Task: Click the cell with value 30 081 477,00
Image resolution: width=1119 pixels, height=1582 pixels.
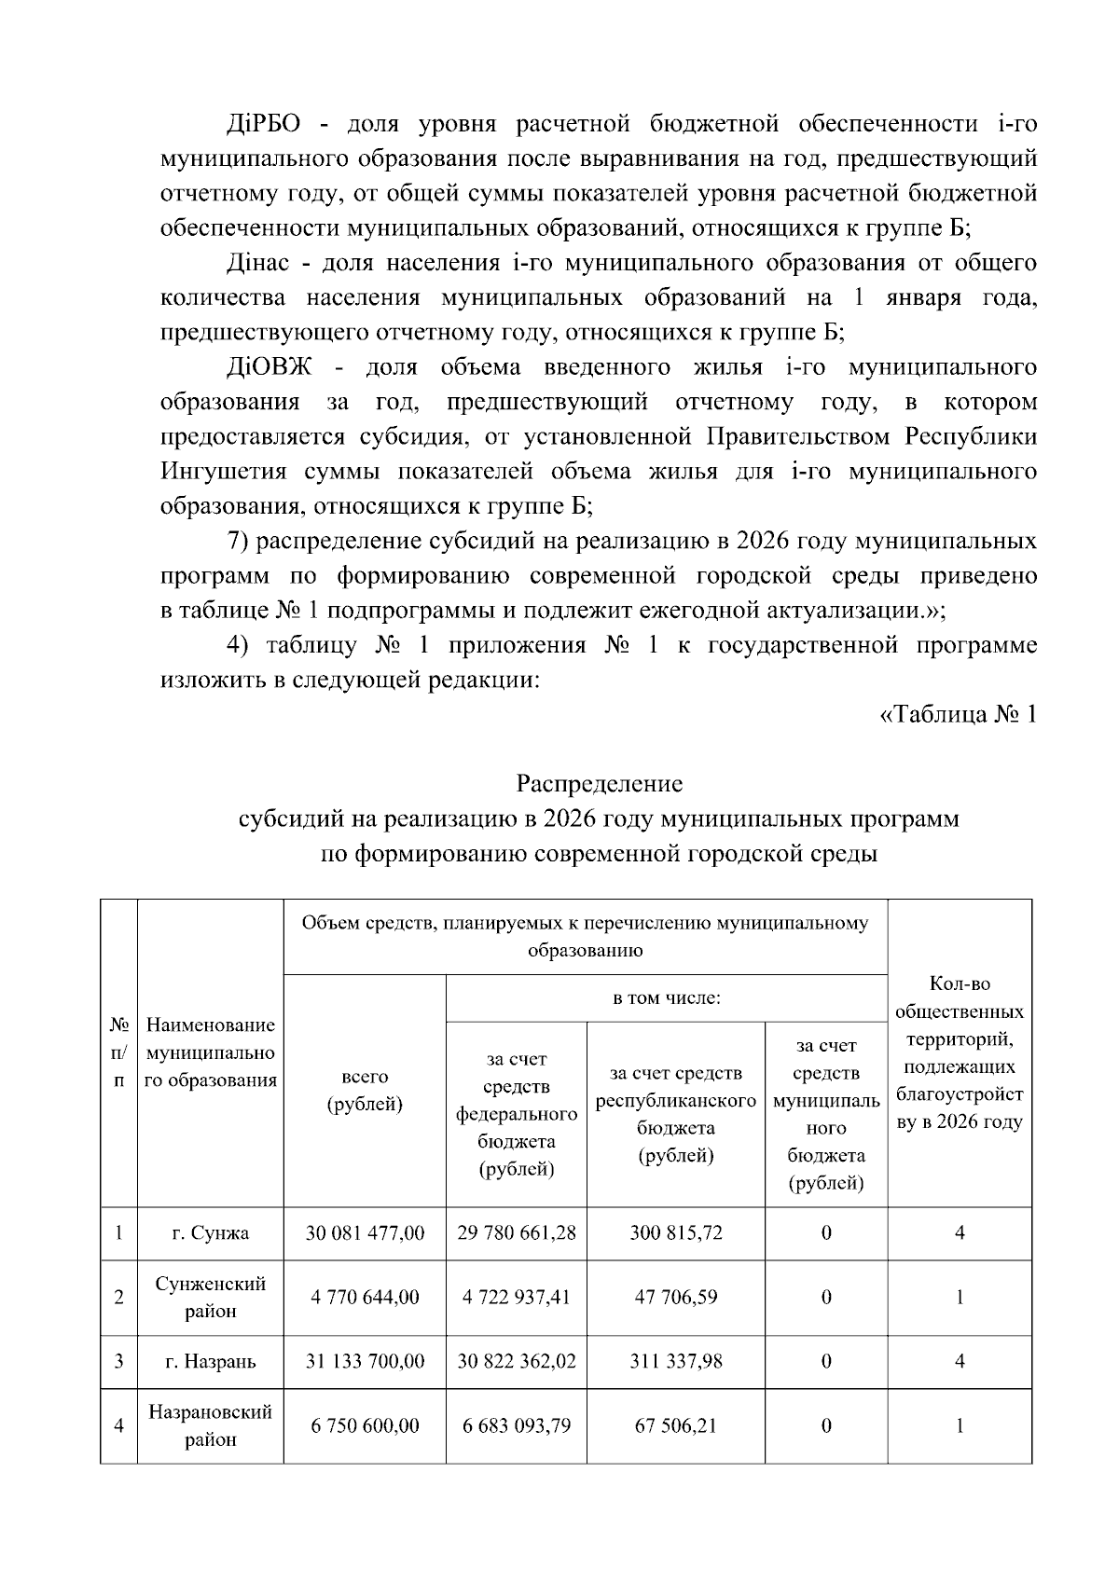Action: pos(365,1233)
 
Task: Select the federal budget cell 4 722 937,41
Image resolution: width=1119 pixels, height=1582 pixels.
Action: pos(516,1297)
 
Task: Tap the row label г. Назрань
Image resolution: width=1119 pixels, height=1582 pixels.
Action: pos(210,1361)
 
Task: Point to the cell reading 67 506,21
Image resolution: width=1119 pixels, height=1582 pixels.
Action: pos(675,1425)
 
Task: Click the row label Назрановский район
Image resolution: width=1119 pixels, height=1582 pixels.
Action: pos(210,1425)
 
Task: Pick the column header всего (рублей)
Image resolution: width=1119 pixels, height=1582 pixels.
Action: pos(365,1091)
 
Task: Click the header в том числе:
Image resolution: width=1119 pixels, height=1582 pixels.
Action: pos(666,998)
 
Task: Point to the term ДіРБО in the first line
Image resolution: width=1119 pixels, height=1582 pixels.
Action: pos(262,125)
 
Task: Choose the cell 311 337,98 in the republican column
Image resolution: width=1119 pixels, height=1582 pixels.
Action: pos(675,1361)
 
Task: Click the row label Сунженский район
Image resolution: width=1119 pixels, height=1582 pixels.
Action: pos(210,1297)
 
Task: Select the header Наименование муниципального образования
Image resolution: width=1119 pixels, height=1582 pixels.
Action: pos(210,1052)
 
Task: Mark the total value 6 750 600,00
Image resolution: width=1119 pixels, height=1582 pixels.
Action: pos(365,1425)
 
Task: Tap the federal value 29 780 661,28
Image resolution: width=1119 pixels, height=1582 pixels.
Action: pos(516,1233)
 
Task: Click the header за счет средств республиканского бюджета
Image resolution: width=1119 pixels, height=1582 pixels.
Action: pos(675,1114)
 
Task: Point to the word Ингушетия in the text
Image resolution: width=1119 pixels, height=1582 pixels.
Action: pos(223,472)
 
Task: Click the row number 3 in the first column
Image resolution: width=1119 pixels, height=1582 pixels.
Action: pos(118,1361)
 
